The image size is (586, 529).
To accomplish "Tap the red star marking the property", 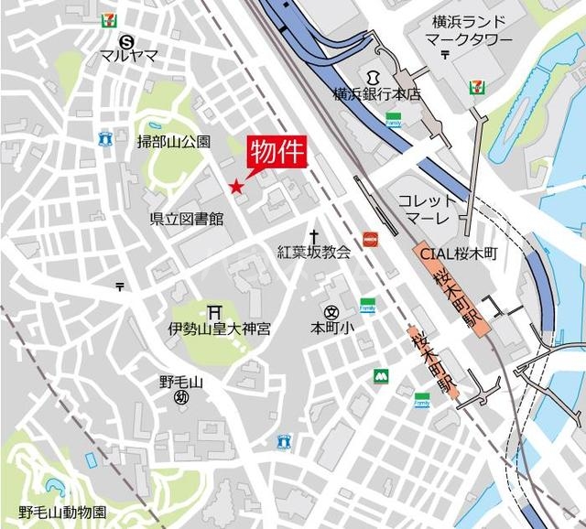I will tap(236, 187).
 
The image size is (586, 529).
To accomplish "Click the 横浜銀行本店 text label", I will tap(376, 93).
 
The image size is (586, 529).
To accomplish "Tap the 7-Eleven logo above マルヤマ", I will tap(110, 17).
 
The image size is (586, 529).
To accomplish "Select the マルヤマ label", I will tap(129, 55).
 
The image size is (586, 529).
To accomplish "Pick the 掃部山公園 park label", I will tap(173, 141).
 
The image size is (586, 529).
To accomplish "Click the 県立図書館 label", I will tap(187, 219).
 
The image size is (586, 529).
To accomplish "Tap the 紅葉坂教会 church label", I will tap(314, 252).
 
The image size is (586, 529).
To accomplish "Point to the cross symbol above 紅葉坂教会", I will tap(313, 235).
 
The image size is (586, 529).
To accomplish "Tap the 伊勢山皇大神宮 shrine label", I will tap(219, 328).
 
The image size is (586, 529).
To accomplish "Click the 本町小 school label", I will tap(331, 327).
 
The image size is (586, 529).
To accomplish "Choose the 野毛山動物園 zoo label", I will tap(62, 512).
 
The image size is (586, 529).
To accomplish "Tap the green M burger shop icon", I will tap(378, 375).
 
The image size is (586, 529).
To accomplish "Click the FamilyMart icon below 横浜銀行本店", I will tap(394, 119).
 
